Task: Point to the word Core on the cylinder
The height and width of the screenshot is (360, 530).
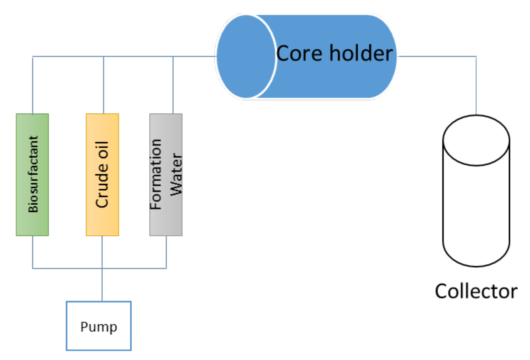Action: (299, 53)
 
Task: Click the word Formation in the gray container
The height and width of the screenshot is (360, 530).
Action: (156, 174)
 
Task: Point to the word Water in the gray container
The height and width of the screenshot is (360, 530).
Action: (176, 174)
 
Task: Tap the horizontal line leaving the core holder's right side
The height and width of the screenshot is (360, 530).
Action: (437, 57)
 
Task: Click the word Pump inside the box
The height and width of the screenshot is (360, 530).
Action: (98, 327)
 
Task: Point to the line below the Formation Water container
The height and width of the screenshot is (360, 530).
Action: (166, 252)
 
